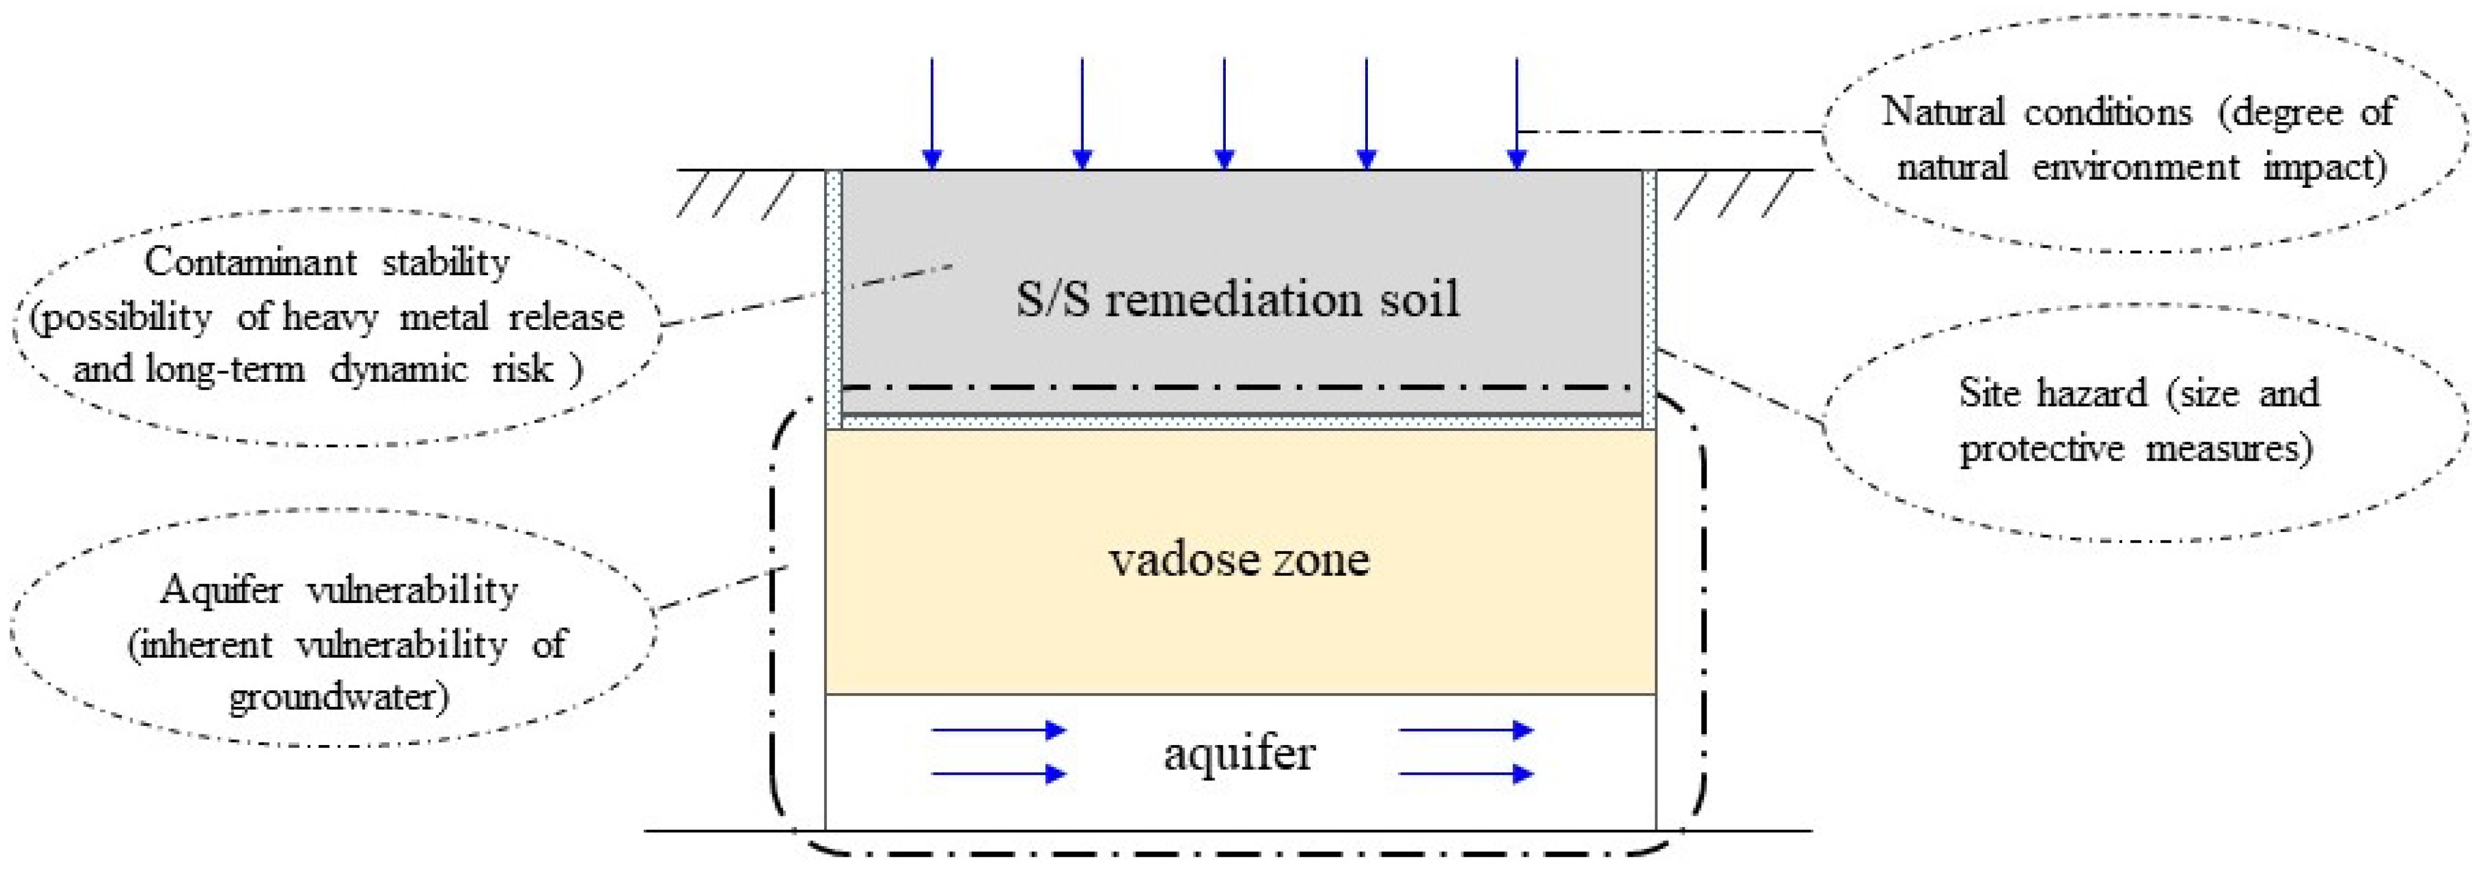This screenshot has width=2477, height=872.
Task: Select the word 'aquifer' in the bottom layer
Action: click(x=1239, y=753)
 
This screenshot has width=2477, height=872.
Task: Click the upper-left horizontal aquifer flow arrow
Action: click(x=998, y=730)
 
